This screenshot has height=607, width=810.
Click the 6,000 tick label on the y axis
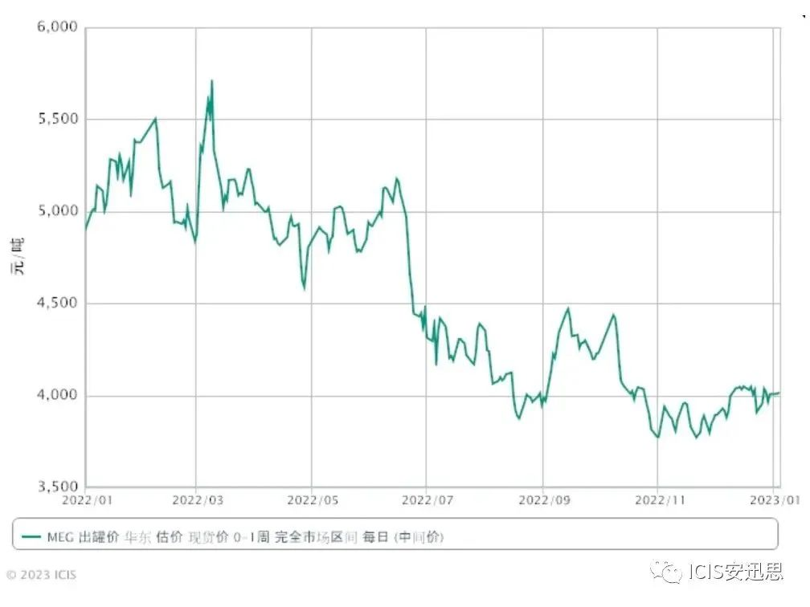[x=56, y=27]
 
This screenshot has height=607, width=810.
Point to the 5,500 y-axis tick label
[x=56, y=120]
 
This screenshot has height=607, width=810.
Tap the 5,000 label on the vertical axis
[x=56, y=211]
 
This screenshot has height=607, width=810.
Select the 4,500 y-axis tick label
[x=56, y=303]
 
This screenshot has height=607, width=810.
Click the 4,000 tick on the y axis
[x=56, y=395]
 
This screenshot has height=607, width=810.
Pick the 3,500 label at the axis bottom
[x=56, y=487]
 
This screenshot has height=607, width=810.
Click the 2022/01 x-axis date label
[x=86, y=500]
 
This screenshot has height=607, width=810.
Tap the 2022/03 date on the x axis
[x=196, y=500]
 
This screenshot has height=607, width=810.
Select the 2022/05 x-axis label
[x=312, y=500]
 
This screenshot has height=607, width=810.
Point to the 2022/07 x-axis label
[x=426, y=500]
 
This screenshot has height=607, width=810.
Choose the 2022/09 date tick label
[x=542, y=500]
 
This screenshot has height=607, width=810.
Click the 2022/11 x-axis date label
[x=657, y=500]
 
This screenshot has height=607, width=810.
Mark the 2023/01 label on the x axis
[x=774, y=500]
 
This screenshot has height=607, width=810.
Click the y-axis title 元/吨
[x=18, y=256]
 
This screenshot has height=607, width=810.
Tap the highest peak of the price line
[x=211, y=80]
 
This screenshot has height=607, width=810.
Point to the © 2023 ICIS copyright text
[x=42, y=575]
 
